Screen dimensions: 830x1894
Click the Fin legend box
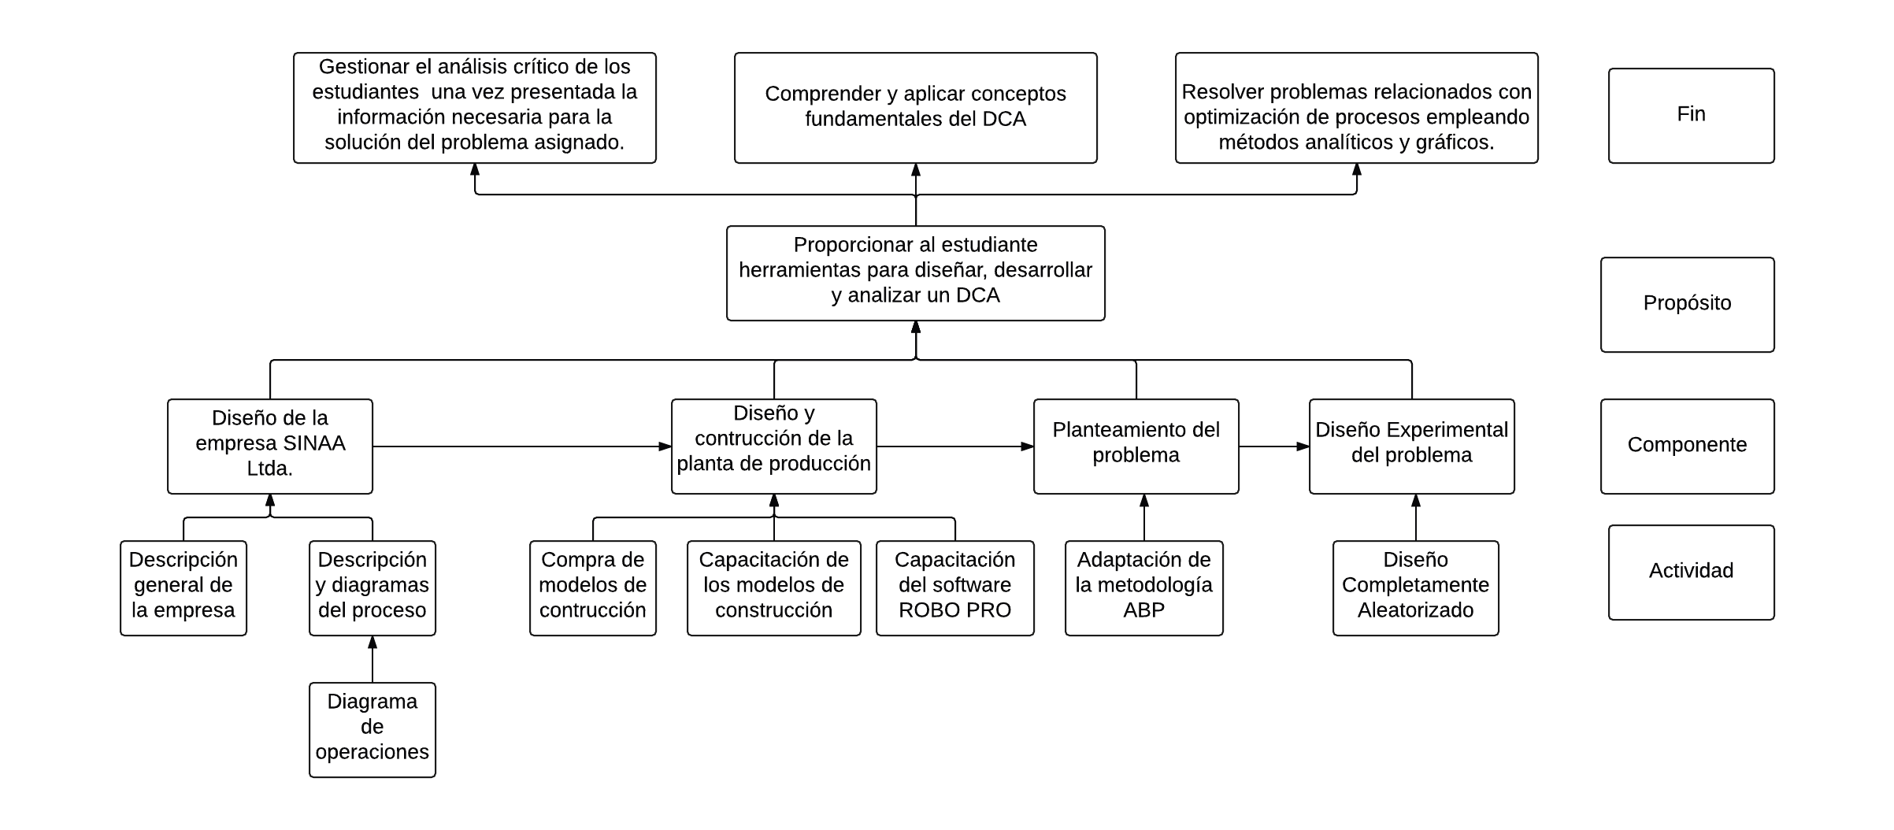[1691, 116]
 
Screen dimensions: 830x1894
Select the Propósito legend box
[1687, 305]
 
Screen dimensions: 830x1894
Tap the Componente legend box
[1687, 446]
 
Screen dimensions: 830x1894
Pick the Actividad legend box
[1691, 572]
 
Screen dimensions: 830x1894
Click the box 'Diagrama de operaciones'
[372, 730]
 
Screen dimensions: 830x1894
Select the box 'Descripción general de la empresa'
[183, 588]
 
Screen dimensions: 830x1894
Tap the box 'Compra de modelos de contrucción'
[592, 588]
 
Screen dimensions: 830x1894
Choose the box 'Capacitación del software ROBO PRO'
[954, 588]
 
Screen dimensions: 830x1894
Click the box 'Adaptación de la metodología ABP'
[1143, 588]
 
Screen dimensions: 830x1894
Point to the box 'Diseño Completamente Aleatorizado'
[1415, 588]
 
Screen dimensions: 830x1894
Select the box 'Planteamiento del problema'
[1136, 446]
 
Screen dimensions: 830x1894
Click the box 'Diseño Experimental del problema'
[1411, 446]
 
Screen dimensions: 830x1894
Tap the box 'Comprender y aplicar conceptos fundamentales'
[915, 108]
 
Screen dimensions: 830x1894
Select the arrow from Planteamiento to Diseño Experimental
[1273, 446]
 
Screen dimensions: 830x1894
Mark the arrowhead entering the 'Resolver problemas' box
[1356, 169]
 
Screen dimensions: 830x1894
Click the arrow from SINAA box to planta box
[520, 446]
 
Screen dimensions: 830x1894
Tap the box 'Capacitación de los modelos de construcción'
[773, 588]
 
